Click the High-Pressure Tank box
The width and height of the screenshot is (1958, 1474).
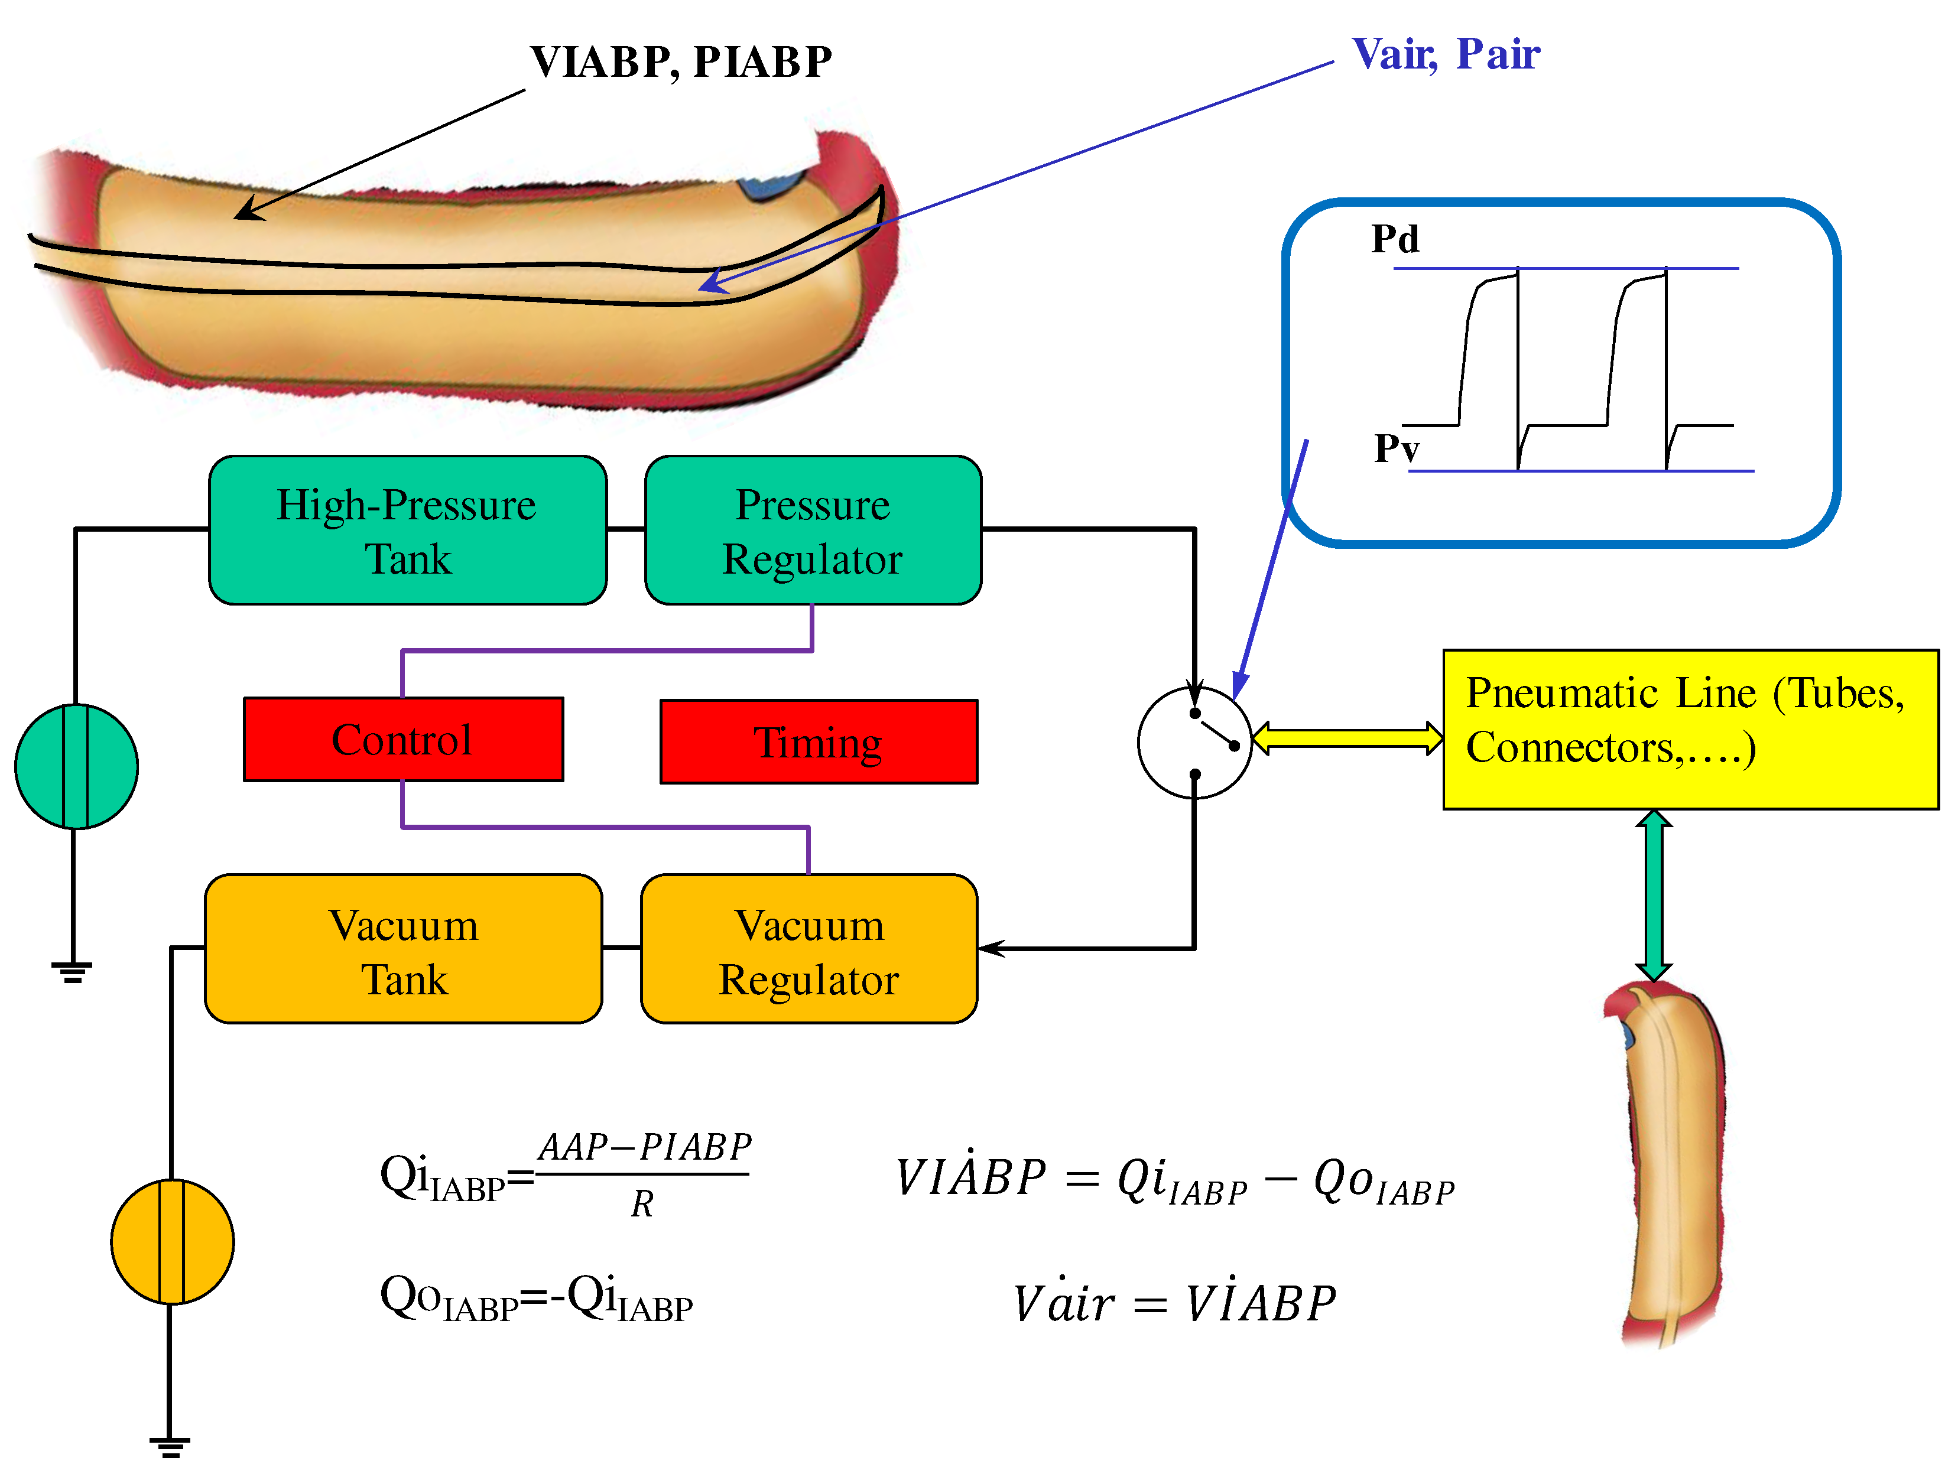407,531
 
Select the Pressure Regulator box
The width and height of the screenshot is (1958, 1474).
813,531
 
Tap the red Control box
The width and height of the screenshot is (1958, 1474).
402,740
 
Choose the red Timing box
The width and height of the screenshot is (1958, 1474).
819,741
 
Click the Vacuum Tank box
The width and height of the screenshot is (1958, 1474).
404,949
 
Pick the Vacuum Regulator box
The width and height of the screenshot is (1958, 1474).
809,949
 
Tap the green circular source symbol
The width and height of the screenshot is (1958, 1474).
76,766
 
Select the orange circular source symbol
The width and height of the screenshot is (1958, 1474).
172,1241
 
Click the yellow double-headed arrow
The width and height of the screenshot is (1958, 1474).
1347,738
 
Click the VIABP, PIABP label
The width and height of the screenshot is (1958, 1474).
680,62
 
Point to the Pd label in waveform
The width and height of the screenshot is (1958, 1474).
1394,239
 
